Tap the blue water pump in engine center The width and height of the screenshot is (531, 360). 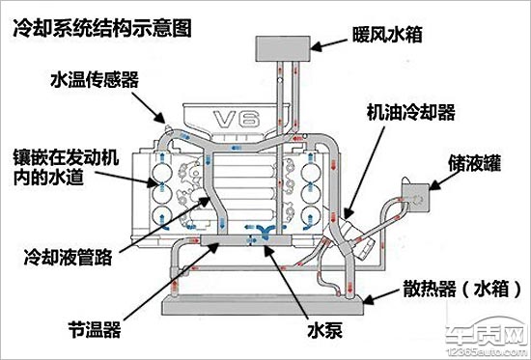(x=261, y=231)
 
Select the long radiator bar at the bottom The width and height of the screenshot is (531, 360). (x=261, y=307)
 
